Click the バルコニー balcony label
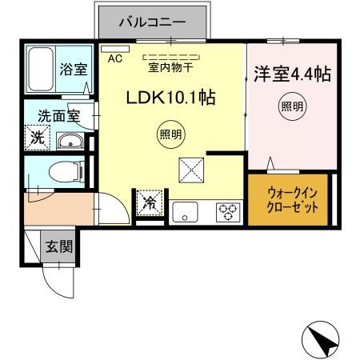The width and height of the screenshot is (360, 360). [x=152, y=21]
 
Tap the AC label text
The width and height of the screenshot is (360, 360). [x=114, y=58]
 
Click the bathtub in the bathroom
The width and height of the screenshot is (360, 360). [x=39, y=70]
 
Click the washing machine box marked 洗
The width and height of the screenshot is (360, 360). [x=38, y=138]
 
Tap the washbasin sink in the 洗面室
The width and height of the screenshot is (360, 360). [x=70, y=142]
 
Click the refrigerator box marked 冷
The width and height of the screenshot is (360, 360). [x=149, y=202]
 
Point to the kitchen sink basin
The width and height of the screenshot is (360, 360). [x=186, y=212]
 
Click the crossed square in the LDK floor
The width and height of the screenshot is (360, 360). [x=192, y=170]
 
